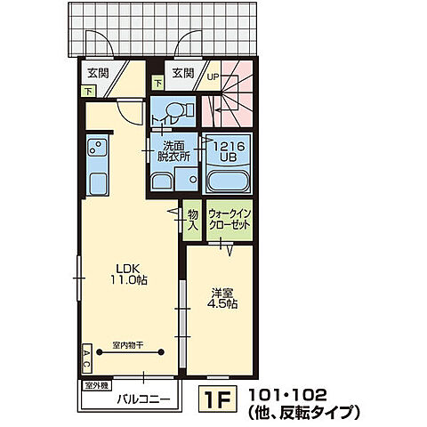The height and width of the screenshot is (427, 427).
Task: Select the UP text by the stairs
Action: pos(213,77)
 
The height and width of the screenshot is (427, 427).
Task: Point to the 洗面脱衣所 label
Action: pos(174,150)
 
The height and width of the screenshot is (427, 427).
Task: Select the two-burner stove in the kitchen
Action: pos(96,147)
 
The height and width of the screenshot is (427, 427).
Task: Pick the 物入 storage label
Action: pos(193,219)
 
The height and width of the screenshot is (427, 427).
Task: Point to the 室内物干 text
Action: pos(129,343)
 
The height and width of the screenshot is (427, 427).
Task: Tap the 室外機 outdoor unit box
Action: pos(96,385)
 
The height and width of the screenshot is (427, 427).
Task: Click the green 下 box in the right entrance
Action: pos(158,84)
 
